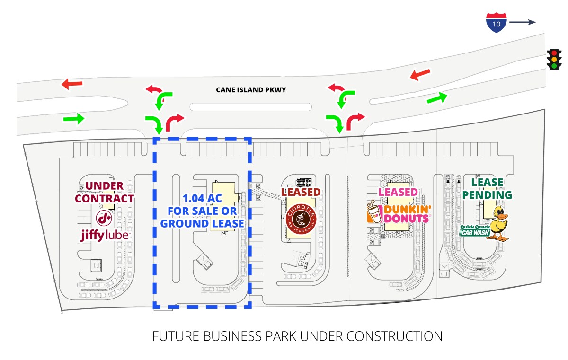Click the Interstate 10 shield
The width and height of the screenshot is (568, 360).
tap(496, 22)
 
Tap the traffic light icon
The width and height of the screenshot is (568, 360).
tap(553, 59)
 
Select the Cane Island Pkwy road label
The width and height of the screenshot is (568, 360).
tap(251, 89)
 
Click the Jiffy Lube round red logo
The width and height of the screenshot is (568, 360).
tap(104, 218)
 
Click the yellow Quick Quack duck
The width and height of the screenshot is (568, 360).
tap(498, 223)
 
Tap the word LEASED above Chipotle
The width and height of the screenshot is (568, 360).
tap(301, 192)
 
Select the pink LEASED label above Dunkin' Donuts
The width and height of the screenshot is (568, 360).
tap(398, 192)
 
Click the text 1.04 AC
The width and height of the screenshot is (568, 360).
tap(203, 200)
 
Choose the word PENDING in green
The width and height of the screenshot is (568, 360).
tap(487, 194)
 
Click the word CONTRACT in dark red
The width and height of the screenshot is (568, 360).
tap(104, 198)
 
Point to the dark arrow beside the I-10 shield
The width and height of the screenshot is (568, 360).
tap(522, 22)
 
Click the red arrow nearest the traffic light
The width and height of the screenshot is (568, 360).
tap(420, 74)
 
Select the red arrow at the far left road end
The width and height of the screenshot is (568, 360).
tap(72, 84)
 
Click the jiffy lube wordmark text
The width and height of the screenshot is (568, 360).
tap(104, 235)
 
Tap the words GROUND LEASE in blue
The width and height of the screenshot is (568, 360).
tap(203, 223)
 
